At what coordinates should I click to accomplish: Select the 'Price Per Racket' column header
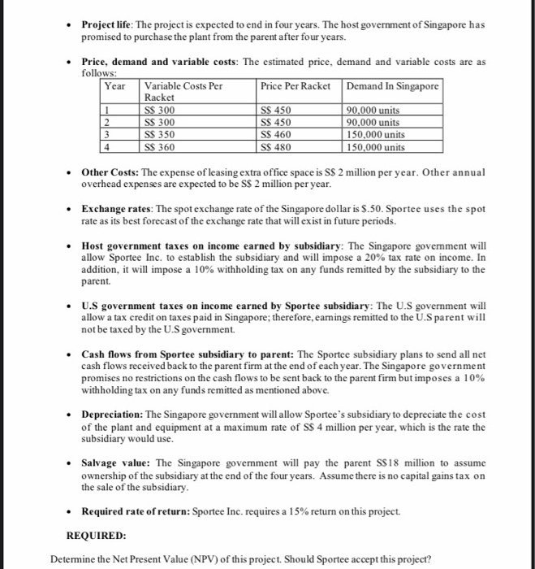click(x=295, y=86)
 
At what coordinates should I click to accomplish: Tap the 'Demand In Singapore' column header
click(x=393, y=86)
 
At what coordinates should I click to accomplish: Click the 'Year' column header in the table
click(x=116, y=86)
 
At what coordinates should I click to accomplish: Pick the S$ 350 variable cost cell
click(x=160, y=135)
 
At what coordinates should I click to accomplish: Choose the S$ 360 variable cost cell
click(x=160, y=147)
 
